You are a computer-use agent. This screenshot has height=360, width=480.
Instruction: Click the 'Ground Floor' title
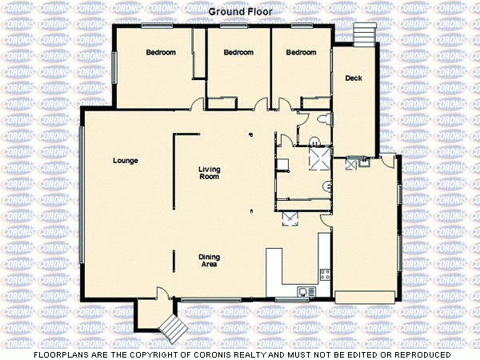tap(240, 12)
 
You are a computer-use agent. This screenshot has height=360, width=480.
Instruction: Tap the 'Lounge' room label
tap(125, 161)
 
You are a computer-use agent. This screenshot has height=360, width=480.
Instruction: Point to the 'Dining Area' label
tap(209, 261)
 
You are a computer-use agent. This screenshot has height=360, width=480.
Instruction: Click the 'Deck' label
tap(354, 78)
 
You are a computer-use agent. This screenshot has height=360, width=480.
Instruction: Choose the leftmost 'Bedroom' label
tap(160, 53)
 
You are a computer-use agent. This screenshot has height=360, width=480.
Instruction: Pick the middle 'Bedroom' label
tap(238, 53)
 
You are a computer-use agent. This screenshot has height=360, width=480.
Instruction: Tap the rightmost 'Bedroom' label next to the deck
tap(301, 53)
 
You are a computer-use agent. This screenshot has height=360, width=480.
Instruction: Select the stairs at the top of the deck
tap(364, 34)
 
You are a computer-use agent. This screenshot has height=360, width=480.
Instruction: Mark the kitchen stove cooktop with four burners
tap(325, 274)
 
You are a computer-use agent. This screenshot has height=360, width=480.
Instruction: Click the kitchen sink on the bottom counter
tap(302, 291)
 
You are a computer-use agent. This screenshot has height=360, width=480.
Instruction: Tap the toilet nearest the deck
tap(322, 119)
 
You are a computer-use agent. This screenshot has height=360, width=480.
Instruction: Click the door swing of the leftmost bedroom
tap(197, 102)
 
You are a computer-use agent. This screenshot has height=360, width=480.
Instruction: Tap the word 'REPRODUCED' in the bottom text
tap(422, 354)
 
